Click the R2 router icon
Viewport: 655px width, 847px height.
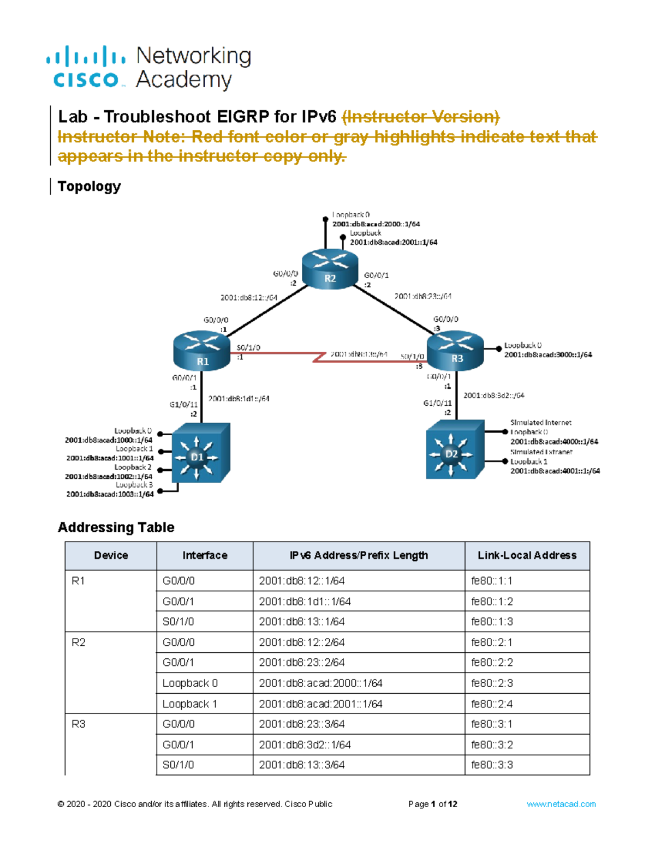[330, 268]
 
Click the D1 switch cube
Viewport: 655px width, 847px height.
[200, 453]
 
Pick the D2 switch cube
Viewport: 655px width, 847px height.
[454, 450]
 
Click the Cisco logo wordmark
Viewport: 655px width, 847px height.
[86, 80]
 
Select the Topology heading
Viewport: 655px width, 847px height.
[89, 186]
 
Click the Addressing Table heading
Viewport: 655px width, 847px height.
[116, 527]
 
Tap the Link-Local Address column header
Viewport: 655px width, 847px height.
[527, 555]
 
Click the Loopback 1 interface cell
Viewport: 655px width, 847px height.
[189, 704]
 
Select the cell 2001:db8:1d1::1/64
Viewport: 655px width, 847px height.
[305, 601]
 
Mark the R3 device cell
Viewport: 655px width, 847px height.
[79, 724]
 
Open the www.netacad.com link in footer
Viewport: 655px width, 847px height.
[561, 804]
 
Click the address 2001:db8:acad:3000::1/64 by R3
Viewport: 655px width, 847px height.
[547, 355]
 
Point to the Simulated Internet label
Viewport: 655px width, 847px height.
[540, 422]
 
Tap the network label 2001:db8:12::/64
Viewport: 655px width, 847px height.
[248, 298]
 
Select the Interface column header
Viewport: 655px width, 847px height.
[205, 555]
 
